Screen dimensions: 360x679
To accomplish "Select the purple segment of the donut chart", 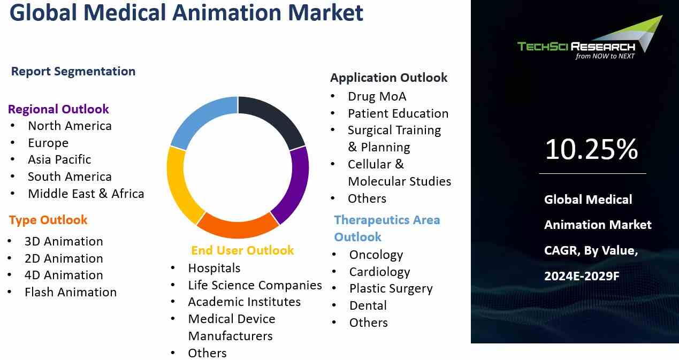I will (x=292, y=185).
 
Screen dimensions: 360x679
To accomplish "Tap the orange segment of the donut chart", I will (x=238, y=225).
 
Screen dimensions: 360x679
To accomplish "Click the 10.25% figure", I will (x=591, y=150).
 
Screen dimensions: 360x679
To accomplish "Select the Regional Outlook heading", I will (x=58, y=109).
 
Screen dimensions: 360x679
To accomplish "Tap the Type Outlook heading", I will (x=48, y=220).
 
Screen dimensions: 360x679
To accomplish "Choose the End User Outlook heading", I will (x=242, y=250).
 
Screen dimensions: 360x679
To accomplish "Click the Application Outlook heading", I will (x=388, y=78).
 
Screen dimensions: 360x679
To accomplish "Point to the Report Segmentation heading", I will (x=73, y=71).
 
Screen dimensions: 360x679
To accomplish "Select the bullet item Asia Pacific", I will (x=59, y=160).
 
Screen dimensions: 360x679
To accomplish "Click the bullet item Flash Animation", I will (x=70, y=292).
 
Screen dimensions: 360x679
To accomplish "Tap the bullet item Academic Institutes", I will (x=244, y=302).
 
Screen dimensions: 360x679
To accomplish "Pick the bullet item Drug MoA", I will (x=377, y=96).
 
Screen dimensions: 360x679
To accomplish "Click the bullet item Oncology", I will (x=376, y=255).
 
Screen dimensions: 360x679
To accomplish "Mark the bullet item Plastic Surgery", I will (x=391, y=289).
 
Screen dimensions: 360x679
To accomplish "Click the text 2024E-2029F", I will (x=582, y=276).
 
